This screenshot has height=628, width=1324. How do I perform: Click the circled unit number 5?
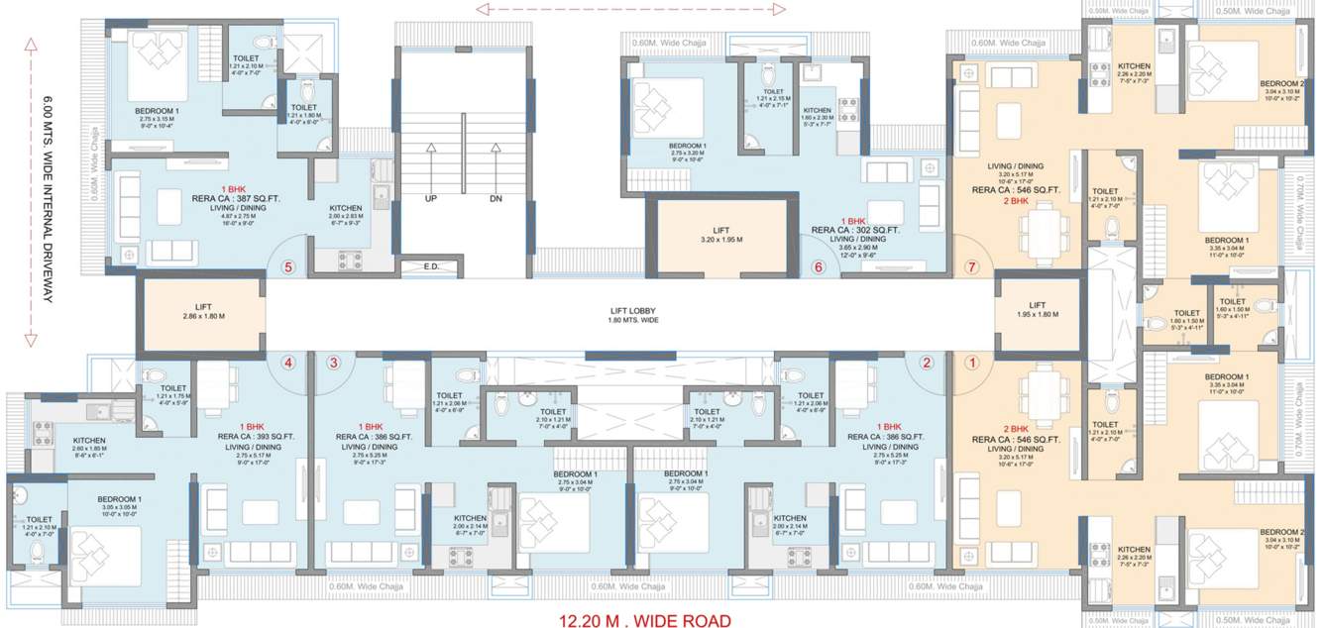288,266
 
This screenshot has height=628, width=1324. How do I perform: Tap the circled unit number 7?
971,266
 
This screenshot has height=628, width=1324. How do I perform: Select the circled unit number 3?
334,363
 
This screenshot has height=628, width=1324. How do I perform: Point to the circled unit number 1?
972,363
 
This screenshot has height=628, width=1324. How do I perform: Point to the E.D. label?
431,266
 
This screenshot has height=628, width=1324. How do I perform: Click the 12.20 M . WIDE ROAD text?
645,620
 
